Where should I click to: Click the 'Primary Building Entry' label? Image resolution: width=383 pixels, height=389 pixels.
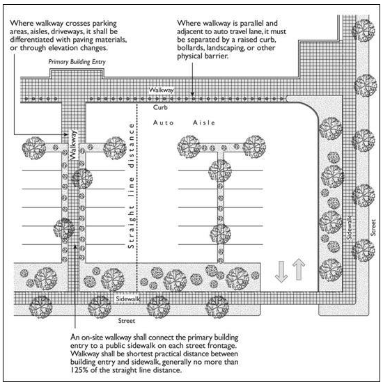point(77,62)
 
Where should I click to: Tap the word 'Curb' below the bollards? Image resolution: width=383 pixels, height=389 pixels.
point(160,107)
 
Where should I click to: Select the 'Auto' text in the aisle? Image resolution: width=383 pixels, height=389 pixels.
point(164,122)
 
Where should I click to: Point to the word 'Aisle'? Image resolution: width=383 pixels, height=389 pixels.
point(204,122)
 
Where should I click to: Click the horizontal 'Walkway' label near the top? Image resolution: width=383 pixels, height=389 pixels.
point(162,90)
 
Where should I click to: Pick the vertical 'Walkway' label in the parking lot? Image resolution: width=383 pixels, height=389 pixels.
point(73,145)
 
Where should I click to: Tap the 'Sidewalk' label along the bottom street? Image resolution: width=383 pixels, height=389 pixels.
point(128,299)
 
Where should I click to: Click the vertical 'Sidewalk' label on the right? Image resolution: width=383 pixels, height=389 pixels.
point(349,228)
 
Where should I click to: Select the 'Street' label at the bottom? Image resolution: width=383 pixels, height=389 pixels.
point(127,321)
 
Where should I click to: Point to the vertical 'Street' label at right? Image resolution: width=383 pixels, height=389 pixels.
point(373,228)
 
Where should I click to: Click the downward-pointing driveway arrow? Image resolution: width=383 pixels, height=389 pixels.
point(281,271)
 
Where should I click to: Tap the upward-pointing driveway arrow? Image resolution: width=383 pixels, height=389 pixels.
point(299,269)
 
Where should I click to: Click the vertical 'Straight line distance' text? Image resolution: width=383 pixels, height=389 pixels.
point(131,186)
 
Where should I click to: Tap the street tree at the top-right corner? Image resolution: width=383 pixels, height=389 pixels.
point(363,30)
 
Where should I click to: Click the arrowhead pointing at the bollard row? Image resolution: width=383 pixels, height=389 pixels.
point(192,93)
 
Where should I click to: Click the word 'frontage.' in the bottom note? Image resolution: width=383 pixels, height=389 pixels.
point(222,346)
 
